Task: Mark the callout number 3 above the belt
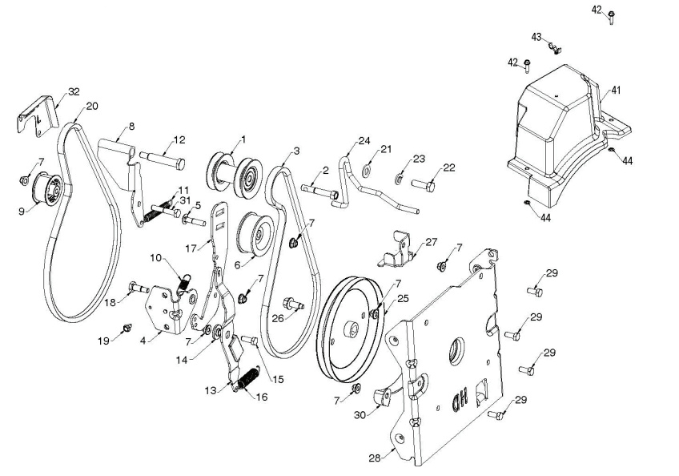(296, 151)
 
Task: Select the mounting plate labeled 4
(163, 311)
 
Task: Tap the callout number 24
(364, 140)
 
